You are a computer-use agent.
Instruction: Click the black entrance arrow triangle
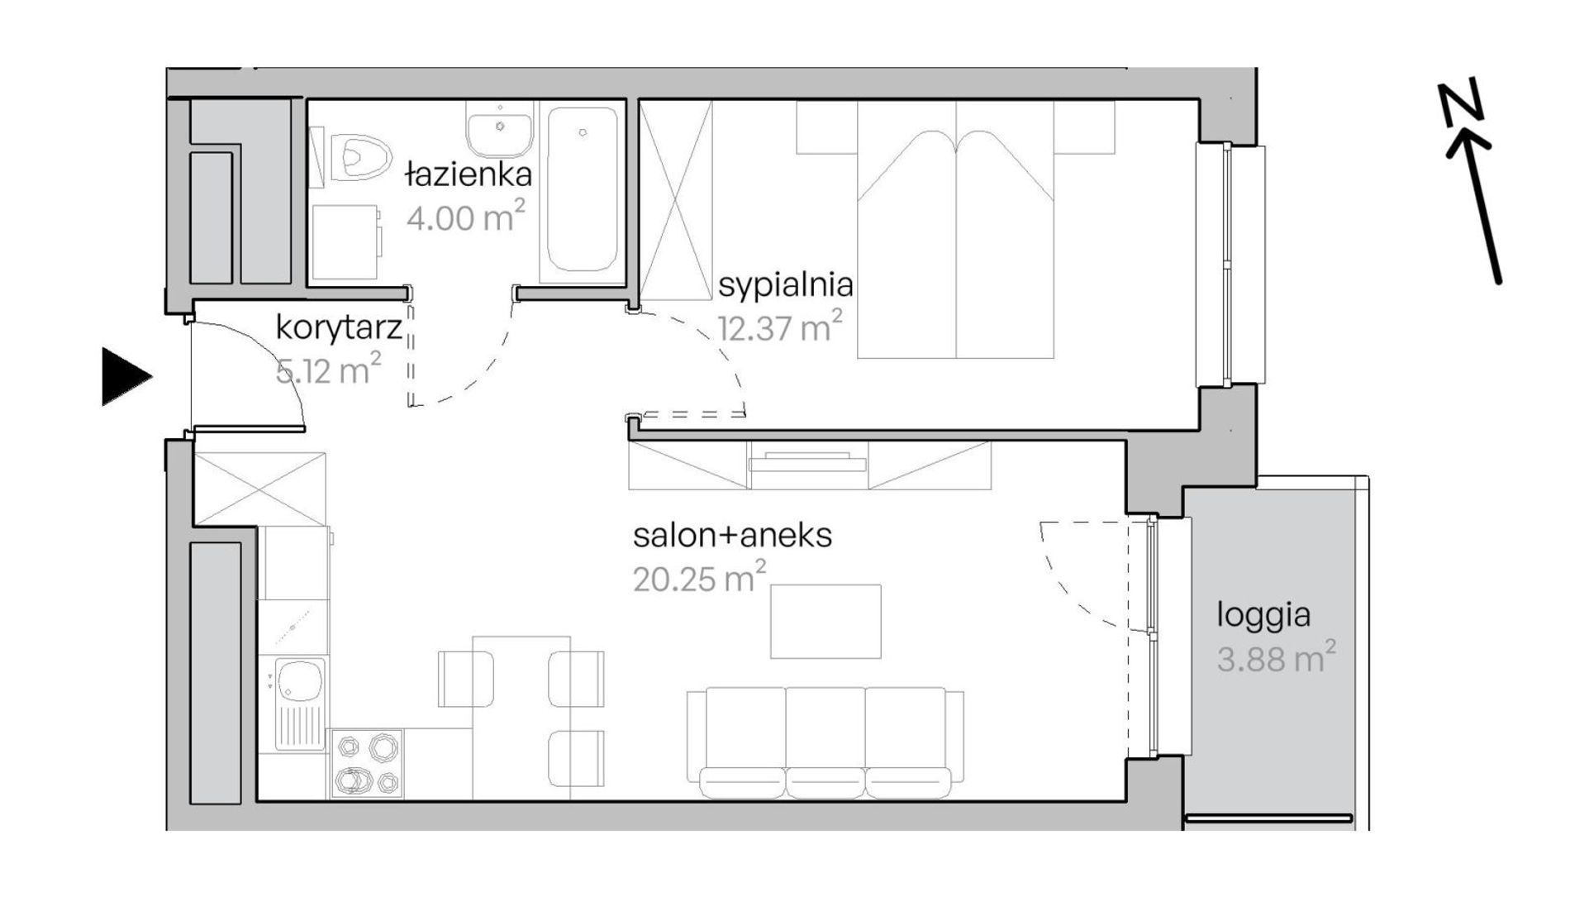pyautogui.click(x=124, y=377)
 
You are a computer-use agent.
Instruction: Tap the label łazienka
pyautogui.click(x=468, y=174)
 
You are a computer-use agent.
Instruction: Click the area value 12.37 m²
pyautogui.click(x=780, y=327)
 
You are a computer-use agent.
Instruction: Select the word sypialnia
pyautogui.click(x=785, y=285)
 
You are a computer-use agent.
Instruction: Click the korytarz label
pyautogui.click(x=339, y=328)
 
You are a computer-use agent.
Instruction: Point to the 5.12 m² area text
pyautogui.click(x=329, y=370)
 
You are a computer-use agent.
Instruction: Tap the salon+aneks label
pyautogui.click(x=732, y=536)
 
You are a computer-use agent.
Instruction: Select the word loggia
pyautogui.click(x=1263, y=617)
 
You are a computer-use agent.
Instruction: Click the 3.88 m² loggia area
pyautogui.click(x=1276, y=658)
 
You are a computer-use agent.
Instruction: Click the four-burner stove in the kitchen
pyautogui.click(x=367, y=763)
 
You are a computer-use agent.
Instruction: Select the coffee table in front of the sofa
pyautogui.click(x=825, y=622)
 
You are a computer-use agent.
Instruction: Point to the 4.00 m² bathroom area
pyautogui.click(x=466, y=217)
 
